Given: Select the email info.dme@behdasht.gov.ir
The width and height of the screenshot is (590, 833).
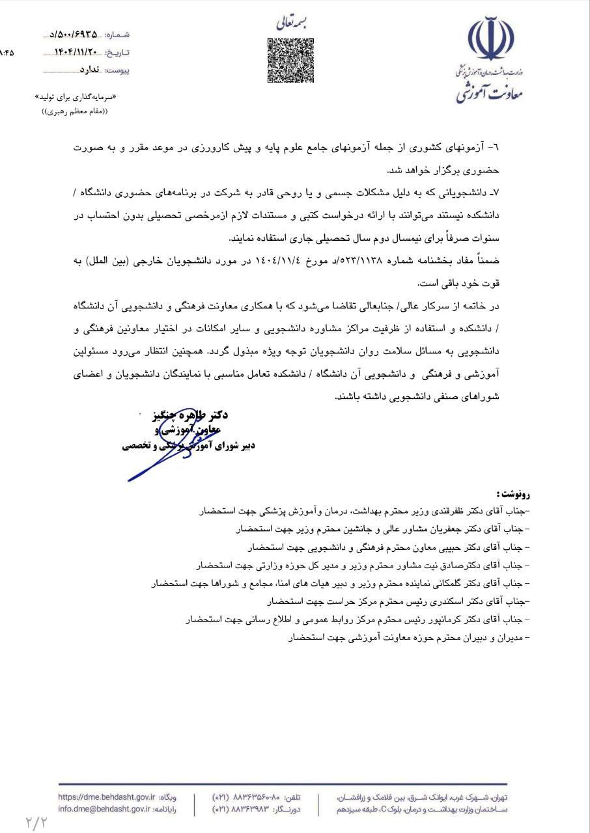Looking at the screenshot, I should (x=104, y=810).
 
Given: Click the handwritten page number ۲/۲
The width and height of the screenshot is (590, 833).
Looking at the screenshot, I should (x=37, y=821).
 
